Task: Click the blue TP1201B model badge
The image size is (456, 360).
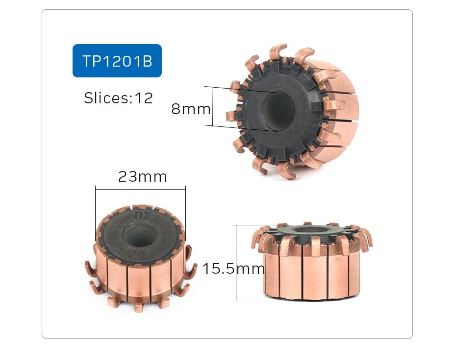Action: coord(117,61)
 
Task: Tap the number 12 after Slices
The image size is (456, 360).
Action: coord(144,98)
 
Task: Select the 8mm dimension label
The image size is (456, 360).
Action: coord(191,109)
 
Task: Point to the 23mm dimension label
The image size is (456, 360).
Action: coord(143,177)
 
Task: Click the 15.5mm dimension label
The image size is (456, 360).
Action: coord(233,268)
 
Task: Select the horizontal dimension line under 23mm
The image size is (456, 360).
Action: coord(141,188)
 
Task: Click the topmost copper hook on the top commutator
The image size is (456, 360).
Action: coord(277,51)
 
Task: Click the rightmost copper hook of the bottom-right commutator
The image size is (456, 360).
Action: coord(366,240)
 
